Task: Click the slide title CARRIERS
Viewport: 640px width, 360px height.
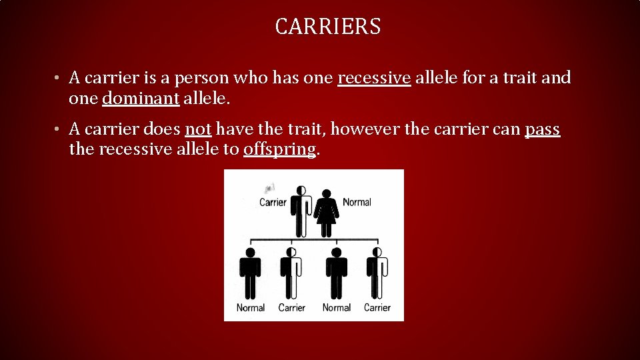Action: tap(327, 27)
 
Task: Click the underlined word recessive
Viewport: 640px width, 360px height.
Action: tap(374, 78)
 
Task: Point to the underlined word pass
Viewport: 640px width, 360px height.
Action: tap(543, 129)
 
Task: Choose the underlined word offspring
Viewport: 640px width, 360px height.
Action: tap(279, 149)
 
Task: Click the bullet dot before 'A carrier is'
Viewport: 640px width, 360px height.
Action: tap(59, 79)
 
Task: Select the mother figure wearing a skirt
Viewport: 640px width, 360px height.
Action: tap(327, 211)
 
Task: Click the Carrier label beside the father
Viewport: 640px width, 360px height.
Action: tap(273, 202)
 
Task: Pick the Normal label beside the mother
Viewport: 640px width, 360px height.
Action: tap(357, 202)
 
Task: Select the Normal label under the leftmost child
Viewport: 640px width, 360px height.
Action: tap(251, 308)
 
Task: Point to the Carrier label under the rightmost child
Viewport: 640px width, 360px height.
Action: tap(377, 308)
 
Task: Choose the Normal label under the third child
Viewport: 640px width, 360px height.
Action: tap(336, 308)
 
